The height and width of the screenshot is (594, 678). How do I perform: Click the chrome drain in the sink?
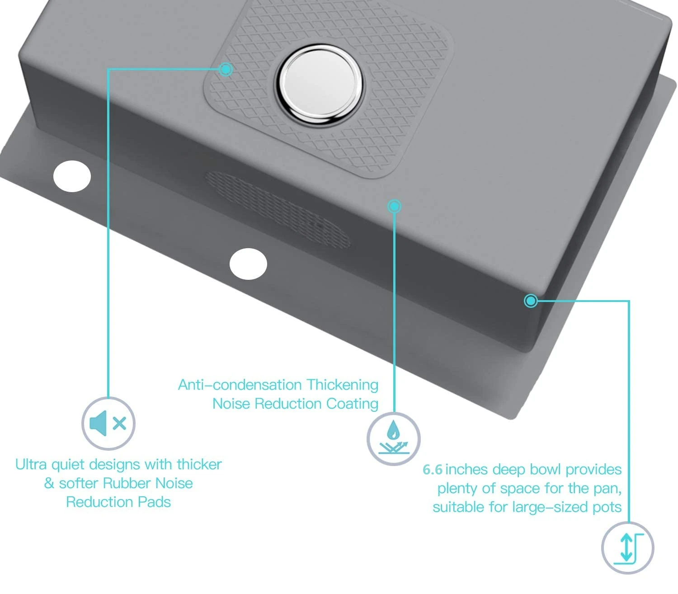point(320,84)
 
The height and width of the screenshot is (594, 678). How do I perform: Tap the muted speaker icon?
point(108,424)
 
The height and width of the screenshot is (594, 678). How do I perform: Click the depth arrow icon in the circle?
point(627,548)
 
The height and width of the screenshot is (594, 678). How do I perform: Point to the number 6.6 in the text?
point(433,470)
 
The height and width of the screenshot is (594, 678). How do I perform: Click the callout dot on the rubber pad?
point(226,69)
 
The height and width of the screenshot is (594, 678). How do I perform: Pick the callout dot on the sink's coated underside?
point(394,207)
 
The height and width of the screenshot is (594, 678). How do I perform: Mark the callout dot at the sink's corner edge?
point(531,301)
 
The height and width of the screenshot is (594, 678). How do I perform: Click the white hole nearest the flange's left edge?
point(72,176)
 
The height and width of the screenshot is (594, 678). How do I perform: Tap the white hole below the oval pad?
point(248,264)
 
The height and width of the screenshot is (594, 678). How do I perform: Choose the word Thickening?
point(342,385)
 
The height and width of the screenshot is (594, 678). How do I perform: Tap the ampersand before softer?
point(49,483)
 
